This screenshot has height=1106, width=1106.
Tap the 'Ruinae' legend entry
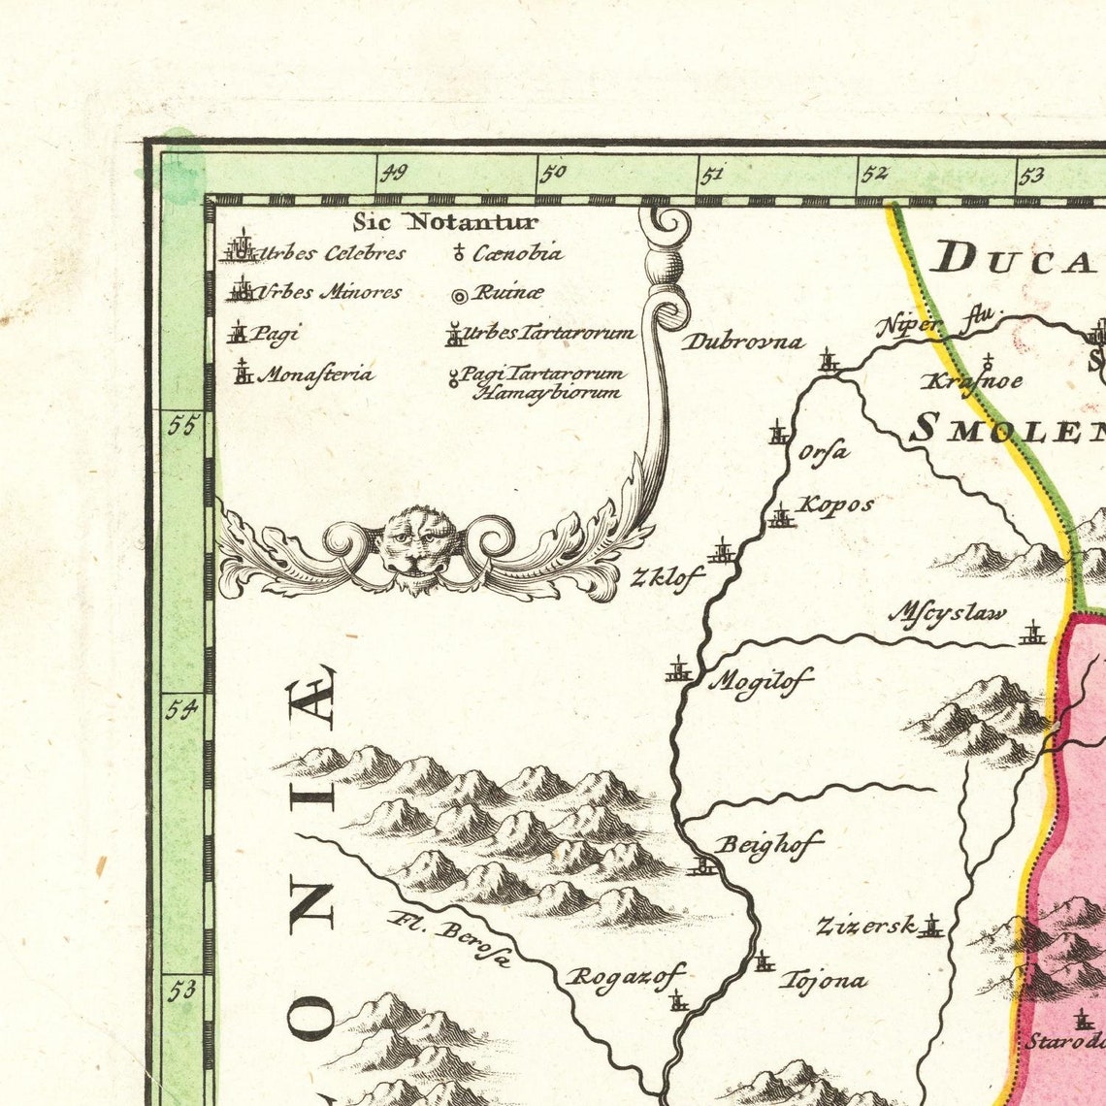click(x=497, y=292)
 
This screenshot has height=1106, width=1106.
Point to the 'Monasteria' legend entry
click(x=303, y=374)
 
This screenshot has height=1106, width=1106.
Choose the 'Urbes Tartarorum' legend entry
click(x=539, y=334)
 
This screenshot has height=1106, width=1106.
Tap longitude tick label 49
click(x=393, y=174)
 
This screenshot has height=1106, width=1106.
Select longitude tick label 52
click(x=874, y=174)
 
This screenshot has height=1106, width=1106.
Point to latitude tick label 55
click(x=180, y=426)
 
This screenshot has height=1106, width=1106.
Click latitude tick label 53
click(x=180, y=991)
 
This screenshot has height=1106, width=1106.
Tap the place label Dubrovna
click(x=743, y=342)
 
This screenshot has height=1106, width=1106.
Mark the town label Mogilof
click(x=761, y=680)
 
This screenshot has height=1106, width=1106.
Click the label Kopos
click(x=834, y=504)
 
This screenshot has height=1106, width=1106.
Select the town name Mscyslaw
click(x=948, y=614)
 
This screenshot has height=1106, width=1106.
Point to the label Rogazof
click(x=626, y=975)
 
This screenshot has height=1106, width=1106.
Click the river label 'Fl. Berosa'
click(x=447, y=939)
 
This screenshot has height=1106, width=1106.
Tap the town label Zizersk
click(x=865, y=926)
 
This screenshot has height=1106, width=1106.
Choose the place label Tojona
click(x=823, y=980)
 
